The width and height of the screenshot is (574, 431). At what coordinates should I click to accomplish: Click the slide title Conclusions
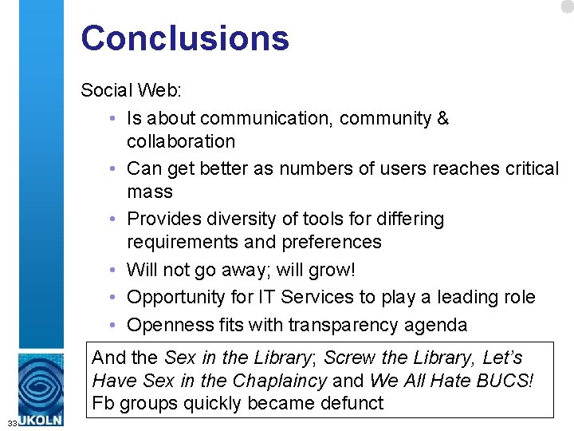point(184,38)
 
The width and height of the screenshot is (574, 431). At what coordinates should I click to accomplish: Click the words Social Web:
point(132,89)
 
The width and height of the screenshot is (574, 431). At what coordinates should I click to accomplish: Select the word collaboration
point(181,141)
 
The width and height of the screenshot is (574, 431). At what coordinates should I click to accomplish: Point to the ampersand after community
point(442,119)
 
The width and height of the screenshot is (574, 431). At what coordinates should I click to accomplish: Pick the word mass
point(150,192)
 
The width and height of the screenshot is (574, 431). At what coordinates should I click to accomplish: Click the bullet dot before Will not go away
point(116,270)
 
